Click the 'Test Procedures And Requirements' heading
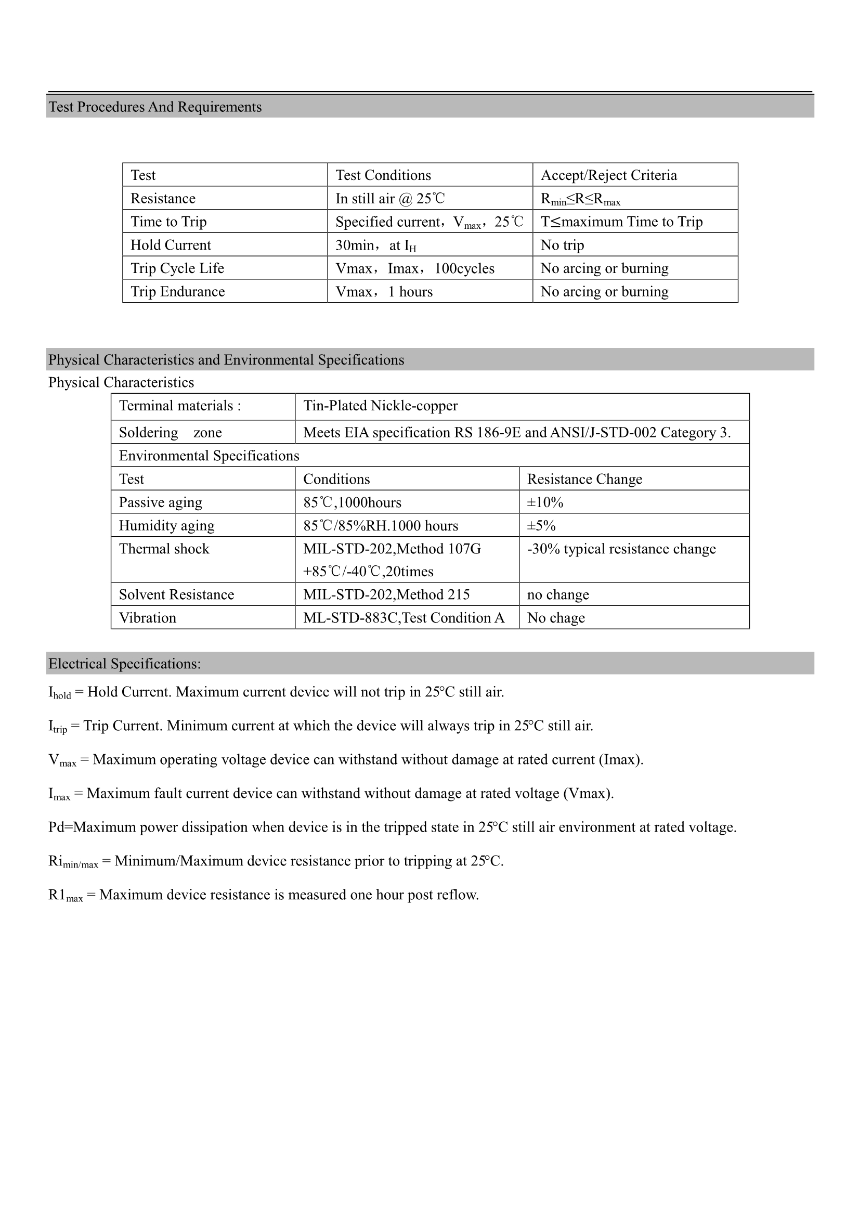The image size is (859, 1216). [x=155, y=107]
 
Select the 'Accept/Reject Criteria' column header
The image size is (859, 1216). [x=608, y=175]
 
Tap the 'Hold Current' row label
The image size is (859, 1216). [x=171, y=245]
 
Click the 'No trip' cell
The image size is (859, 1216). [x=562, y=245]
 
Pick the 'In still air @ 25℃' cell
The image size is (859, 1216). [x=390, y=199]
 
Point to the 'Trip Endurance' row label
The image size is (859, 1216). [x=177, y=292]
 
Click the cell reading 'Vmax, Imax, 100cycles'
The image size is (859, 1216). [x=414, y=268]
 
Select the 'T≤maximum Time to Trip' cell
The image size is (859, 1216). [x=621, y=222]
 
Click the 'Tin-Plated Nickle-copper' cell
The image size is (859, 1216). [x=380, y=406]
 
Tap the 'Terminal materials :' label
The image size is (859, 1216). [x=179, y=406]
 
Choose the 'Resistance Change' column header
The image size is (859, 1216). [x=584, y=480]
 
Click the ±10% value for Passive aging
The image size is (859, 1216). [x=545, y=502]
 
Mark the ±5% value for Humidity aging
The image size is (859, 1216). [x=541, y=526]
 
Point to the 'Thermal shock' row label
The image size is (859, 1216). [x=164, y=549]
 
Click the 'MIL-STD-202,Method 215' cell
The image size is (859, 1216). [x=386, y=595]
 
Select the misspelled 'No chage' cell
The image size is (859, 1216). [x=555, y=618]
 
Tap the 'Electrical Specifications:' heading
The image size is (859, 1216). [x=124, y=664]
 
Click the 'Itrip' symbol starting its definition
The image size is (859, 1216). [x=57, y=727]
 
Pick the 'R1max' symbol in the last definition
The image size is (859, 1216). [x=65, y=896]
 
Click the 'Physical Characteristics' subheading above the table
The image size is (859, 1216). [x=121, y=382]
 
